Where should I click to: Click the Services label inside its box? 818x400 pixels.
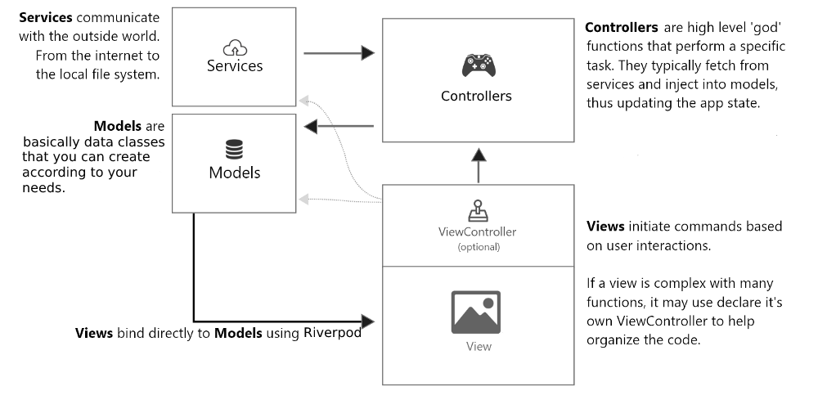tap(235, 65)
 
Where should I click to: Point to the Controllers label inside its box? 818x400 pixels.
tap(476, 96)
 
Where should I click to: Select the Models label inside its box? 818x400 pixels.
tap(235, 173)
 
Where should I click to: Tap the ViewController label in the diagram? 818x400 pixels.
tap(478, 231)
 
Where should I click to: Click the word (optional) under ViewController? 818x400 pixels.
tap(478, 246)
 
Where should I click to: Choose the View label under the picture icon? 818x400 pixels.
tap(479, 346)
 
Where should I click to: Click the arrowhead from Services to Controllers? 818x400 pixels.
tap(367, 53)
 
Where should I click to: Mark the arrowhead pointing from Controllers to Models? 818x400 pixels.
tap(311, 126)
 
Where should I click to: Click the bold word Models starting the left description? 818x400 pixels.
tap(119, 126)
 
